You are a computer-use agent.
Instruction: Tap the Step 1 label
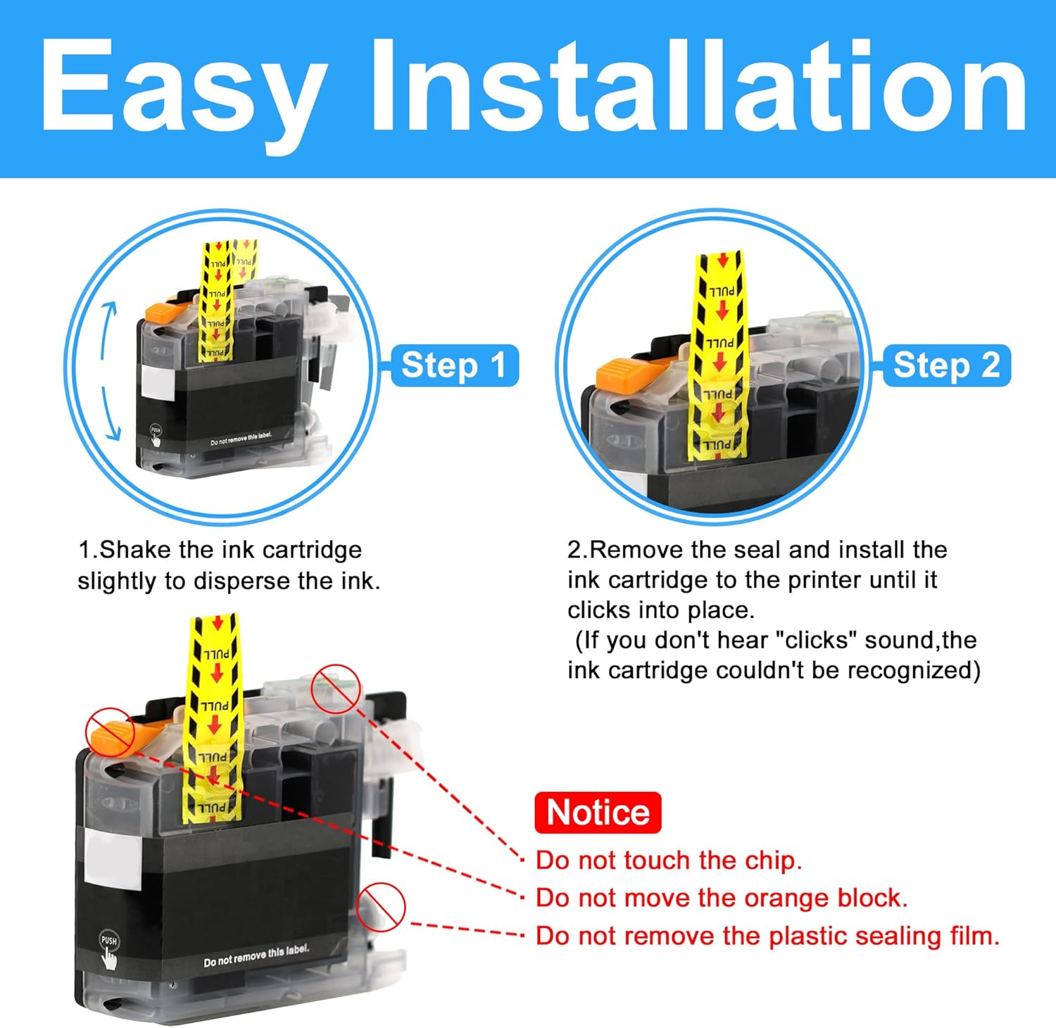(x=454, y=365)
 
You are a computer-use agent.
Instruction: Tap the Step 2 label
(x=947, y=365)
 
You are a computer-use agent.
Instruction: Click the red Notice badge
(x=598, y=813)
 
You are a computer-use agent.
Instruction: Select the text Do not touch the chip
(x=669, y=860)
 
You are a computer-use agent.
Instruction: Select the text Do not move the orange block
(x=722, y=898)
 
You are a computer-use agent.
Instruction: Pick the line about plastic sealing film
(x=767, y=936)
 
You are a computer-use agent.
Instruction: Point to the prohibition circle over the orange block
(x=110, y=731)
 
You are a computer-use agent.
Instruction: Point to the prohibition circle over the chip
(x=336, y=688)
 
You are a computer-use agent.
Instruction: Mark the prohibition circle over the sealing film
(x=381, y=905)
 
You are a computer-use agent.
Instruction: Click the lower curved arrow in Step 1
(x=109, y=415)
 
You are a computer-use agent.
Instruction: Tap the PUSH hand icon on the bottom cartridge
(x=108, y=950)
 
